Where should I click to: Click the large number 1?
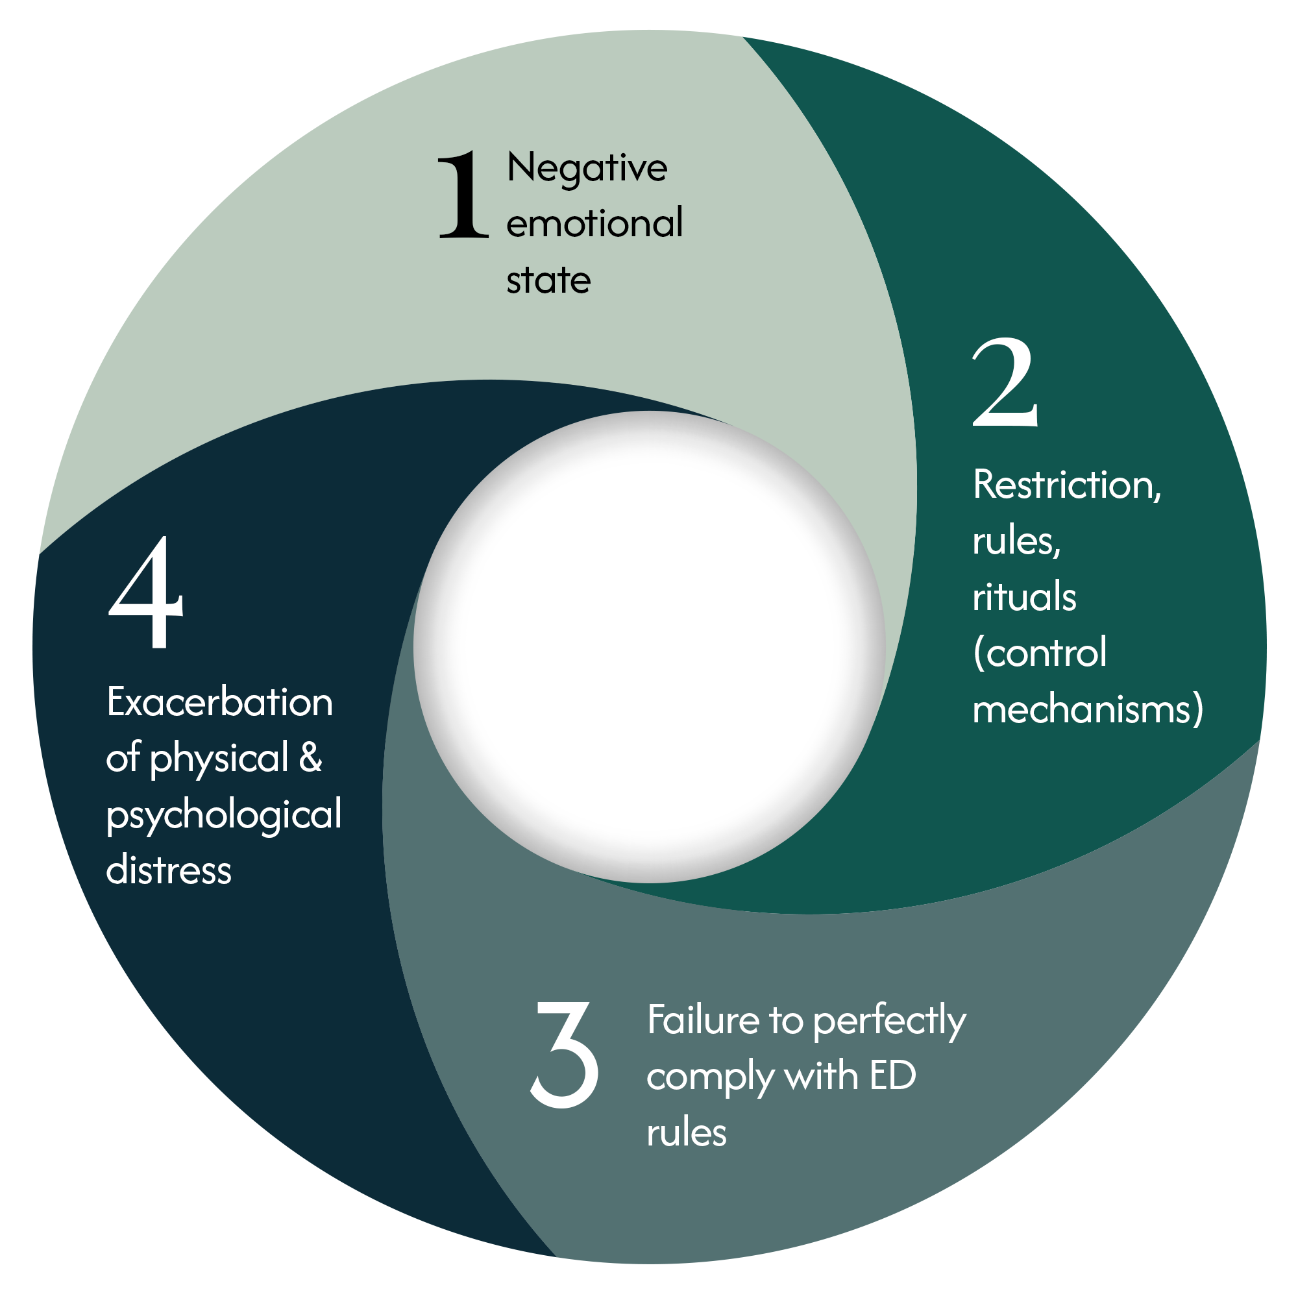(x=463, y=195)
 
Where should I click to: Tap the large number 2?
(x=1006, y=384)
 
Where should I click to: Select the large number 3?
(x=565, y=1054)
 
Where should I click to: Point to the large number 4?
(x=146, y=593)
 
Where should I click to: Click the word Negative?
(x=587, y=168)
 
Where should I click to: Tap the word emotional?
(x=594, y=224)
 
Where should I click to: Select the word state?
(x=548, y=280)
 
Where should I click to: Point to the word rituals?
(x=1025, y=596)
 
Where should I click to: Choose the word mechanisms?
(x=1088, y=709)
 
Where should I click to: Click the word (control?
(x=1040, y=653)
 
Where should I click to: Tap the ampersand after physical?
(x=310, y=758)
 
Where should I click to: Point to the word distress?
(x=169, y=870)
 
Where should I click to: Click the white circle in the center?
(x=649, y=646)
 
